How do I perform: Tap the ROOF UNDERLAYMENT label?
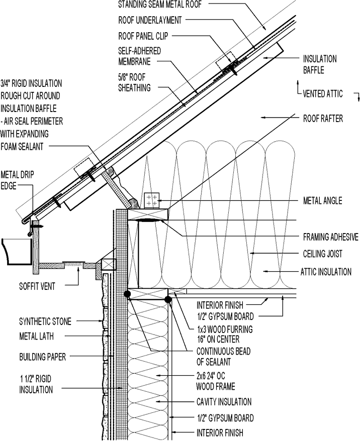click(x=150, y=21)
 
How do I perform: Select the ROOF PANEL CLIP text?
click(x=143, y=36)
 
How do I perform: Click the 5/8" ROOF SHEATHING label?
click(x=134, y=82)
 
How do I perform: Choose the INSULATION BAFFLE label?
click(x=319, y=64)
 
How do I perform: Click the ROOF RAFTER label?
click(x=322, y=119)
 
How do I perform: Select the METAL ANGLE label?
click(x=322, y=201)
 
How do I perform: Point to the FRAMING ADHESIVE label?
click(x=330, y=237)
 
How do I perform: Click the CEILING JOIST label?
click(x=326, y=254)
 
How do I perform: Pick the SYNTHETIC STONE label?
click(x=45, y=321)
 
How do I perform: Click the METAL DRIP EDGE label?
click(x=17, y=180)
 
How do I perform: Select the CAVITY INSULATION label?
click(x=224, y=402)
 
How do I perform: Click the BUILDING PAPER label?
click(x=42, y=358)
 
